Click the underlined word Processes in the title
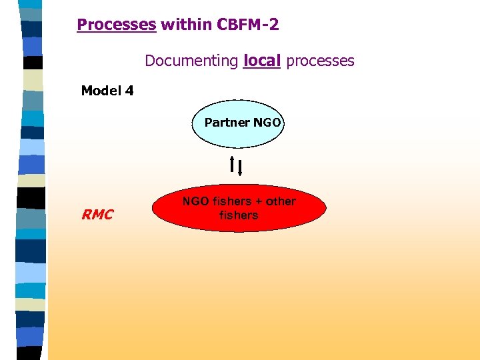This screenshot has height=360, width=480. (117, 25)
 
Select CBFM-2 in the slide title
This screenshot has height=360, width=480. (247, 25)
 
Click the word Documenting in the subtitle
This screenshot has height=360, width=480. (191, 61)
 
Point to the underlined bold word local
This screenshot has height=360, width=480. (262, 61)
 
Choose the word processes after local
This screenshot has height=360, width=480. (320, 61)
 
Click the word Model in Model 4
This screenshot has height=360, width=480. (101, 91)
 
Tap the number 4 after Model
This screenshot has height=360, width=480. (129, 91)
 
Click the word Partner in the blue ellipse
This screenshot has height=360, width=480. (226, 123)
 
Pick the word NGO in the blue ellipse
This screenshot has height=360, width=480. (267, 123)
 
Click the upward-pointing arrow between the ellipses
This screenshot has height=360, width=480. (232, 164)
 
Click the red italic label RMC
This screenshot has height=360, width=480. (97, 215)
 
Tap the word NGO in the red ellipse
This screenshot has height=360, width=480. (195, 201)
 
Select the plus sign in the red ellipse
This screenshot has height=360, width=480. (258, 201)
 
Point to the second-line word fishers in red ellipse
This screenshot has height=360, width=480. (239, 215)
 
